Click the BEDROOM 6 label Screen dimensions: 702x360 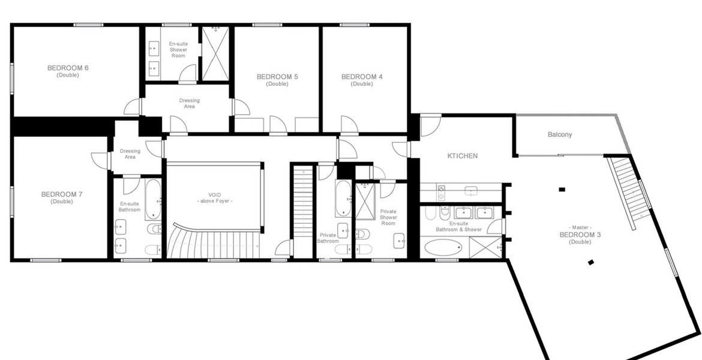coord(68,71)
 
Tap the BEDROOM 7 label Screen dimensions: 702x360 coord(62,197)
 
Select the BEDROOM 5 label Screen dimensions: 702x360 coord(277,80)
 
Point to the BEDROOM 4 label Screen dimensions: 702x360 coord(362,80)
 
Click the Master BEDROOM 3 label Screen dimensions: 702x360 coord(580,235)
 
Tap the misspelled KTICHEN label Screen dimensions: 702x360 coord(463,156)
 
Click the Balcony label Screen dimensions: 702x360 coord(560,134)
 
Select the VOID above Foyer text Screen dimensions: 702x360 coord(215,198)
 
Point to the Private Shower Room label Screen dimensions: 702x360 coord(388,217)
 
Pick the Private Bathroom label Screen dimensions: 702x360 coord(328,238)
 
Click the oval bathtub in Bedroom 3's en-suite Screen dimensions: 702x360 coord(443,247)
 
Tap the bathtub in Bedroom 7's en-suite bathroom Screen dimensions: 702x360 coord(152,200)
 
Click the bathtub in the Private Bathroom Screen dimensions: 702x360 coord(343,199)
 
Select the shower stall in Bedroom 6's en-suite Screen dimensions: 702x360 coord(215,54)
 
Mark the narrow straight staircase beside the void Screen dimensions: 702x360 coord(302,211)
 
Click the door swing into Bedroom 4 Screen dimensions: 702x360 coord(349,124)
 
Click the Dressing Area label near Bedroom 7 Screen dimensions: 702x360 coord(130,154)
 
